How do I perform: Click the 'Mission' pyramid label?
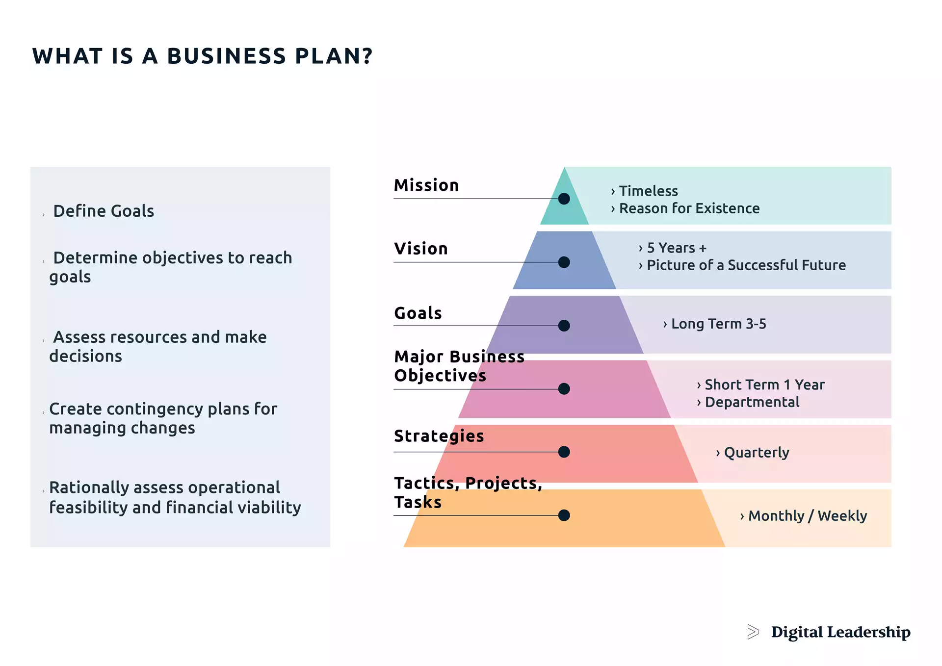[x=426, y=185]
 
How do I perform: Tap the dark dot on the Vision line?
[x=564, y=262]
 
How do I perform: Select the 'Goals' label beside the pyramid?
[x=418, y=313]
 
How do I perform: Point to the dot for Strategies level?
[x=564, y=452]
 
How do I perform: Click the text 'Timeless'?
[x=648, y=191]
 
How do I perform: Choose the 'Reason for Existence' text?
[x=689, y=208]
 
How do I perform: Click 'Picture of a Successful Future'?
[x=746, y=265]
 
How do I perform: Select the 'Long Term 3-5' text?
[x=718, y=324]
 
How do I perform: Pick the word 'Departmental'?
[x=752, y=402]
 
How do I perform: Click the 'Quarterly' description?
[x=756, y=452]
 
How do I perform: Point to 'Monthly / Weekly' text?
[x=807, y=516]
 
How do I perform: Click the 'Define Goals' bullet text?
[x=104, y=211]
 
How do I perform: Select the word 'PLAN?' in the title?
[x=334, y=56]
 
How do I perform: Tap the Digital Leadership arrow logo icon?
[x=753, y=632]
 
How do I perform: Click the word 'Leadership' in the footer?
[x=868, y=632]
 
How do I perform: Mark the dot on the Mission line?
[x=564, y=199]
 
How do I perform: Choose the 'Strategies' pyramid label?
[x=439, y=435]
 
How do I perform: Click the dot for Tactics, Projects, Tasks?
[x=564, y=515]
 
